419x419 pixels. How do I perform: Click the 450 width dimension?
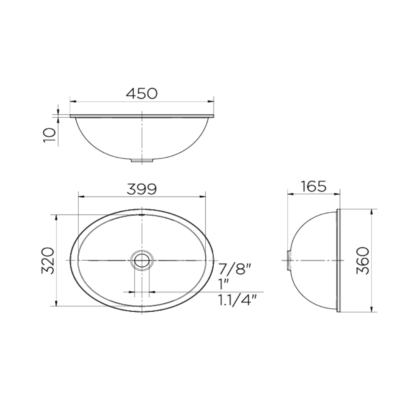(142, 93)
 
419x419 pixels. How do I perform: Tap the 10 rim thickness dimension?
(49, 135)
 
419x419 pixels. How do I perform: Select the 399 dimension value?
(142, 189)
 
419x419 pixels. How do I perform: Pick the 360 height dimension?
(363, 260)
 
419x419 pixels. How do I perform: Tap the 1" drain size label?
(223, 284)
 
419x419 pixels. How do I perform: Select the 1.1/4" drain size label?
(237, 300)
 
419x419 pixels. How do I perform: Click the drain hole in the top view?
(142, 260)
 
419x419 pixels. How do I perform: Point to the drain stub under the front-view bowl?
(142, 160)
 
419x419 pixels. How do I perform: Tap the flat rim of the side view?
(339, 260)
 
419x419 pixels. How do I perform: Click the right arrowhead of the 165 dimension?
(337, 194)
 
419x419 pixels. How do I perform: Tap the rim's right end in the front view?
(213, 116)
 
